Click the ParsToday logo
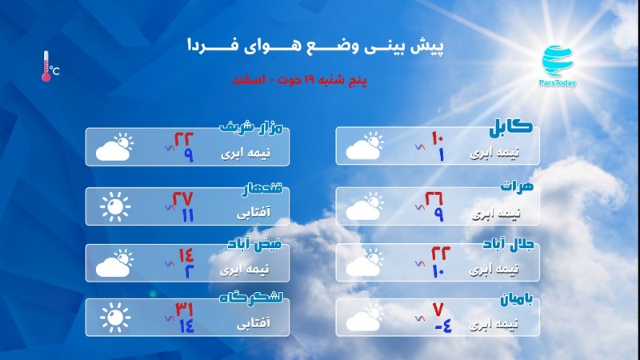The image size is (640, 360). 558,66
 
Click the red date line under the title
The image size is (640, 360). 299,79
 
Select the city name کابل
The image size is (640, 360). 511,127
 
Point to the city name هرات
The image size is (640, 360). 517,186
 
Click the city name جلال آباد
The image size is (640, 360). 508,244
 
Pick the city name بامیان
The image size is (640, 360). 517,299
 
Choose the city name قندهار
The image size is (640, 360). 262,189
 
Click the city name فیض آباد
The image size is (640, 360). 254,245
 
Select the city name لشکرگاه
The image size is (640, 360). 251,298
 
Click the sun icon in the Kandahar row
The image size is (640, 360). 115,207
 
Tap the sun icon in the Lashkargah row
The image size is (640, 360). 115,318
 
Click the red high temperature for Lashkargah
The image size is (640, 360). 184,309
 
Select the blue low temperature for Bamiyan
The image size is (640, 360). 442,326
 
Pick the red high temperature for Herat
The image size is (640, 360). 434,198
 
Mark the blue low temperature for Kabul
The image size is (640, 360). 441,155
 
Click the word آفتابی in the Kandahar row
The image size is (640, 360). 254,212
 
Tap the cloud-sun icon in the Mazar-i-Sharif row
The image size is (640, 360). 114,146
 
